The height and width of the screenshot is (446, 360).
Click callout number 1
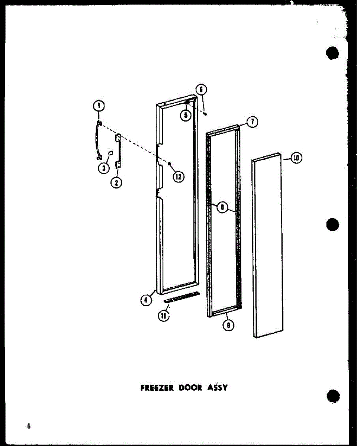click(99, 106)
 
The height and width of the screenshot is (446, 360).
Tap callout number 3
click(104, 168)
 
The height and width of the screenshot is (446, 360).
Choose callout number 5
click(186, 115)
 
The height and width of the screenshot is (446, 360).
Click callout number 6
click(201, 90)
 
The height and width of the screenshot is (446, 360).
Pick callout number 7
click(253, 122)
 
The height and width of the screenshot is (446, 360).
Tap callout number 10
click(296, 158)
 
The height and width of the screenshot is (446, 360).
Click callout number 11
click(163, 316)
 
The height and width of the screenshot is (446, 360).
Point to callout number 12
click(178, 177)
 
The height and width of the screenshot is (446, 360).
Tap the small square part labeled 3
click(110, 153)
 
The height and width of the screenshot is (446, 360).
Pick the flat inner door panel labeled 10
click(268, 245)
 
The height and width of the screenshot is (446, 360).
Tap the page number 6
click(29, 426)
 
